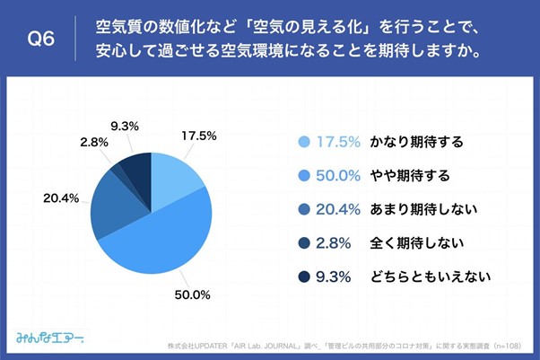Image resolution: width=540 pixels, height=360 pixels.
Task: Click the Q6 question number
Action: [42, 39]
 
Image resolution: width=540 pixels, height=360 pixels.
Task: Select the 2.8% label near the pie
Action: [93, 142]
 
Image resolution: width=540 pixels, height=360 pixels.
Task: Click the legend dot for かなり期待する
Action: [303, 142]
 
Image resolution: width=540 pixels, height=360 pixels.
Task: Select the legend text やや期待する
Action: [405, 175]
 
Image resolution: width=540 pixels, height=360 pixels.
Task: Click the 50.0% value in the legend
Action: [340, 175]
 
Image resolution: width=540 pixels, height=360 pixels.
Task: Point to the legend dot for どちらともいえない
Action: [303, 277]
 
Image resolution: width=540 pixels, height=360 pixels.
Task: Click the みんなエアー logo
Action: [50, 338]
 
